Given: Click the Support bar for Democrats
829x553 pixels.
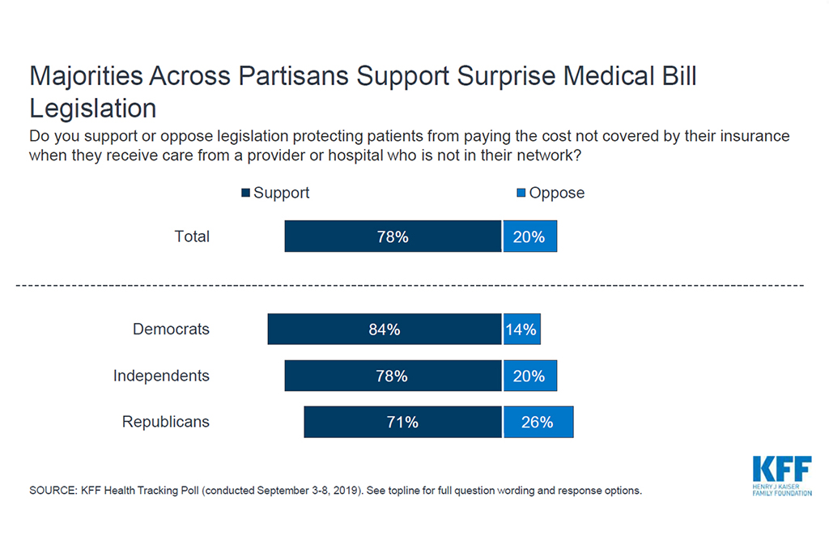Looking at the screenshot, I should pos(385,330).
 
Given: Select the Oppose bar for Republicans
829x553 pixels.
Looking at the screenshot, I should pos(538,422).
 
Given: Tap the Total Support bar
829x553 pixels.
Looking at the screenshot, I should pos(393,237).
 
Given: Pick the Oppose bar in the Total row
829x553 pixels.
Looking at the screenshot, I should pos(529,237).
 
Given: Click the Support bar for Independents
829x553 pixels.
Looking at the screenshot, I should pos(393,376).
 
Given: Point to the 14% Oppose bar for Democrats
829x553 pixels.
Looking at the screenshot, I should pos(521,330).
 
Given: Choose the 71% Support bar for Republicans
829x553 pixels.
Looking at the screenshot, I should pos(402,422).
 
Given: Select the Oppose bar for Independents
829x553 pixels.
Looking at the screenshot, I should pos(529,376).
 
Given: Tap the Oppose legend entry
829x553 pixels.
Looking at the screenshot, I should pos(551,193).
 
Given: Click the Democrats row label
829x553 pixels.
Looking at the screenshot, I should pos(171,330).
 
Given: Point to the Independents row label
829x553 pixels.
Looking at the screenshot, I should pos(161,376).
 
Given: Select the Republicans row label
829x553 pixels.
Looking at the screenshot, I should pos(165,422).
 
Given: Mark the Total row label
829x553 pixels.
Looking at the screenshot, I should pos(192,236).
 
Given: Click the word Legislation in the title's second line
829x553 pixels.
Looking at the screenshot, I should pos(93,108).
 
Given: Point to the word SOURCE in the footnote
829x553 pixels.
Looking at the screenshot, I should pos(52,491).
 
